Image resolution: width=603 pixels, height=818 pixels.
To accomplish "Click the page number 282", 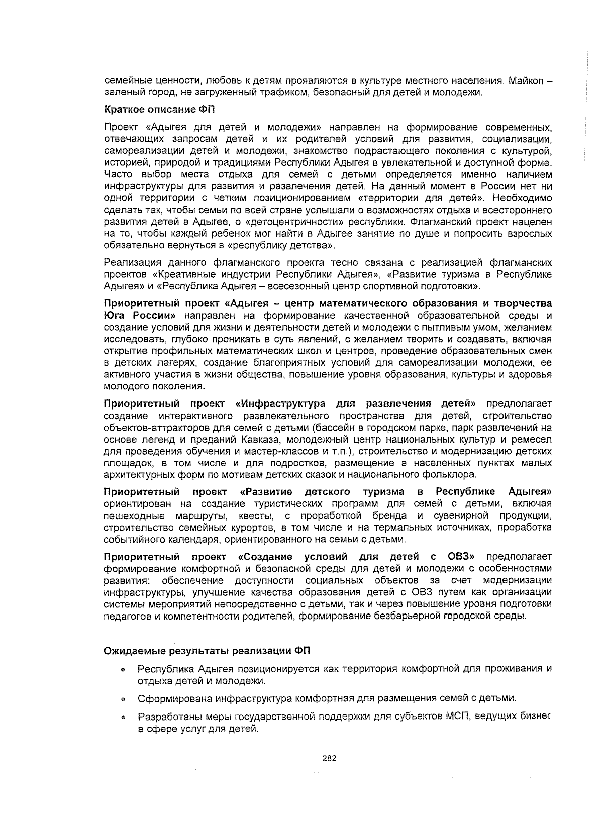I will pyautogui.click(x=329, y=758).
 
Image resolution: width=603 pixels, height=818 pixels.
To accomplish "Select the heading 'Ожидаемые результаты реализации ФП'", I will pyautogui.click(x=207, y=651).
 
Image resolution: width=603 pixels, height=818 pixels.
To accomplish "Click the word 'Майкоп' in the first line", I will pyautogui.click(x=526, y=80).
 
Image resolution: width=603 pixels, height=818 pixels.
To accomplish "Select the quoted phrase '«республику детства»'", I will pyautogui.click(x=288, y=246).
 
